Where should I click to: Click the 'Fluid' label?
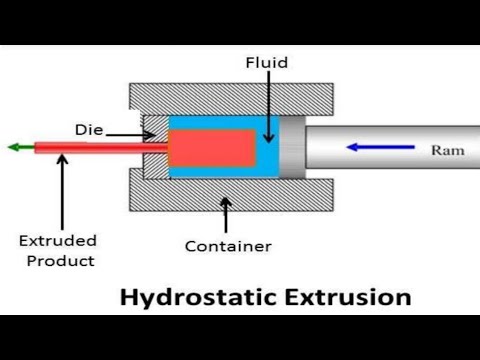tap(267, 62)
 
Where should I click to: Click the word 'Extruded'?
tap(58, 241)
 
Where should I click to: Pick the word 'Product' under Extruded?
tap(61, 261)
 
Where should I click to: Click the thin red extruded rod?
tap(100, 148)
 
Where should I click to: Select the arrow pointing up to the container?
tap(224, 212)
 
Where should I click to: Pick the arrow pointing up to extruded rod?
tap(62, 190)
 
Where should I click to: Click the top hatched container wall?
tap(229, 99)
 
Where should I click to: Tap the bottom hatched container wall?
tap(229, 194)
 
